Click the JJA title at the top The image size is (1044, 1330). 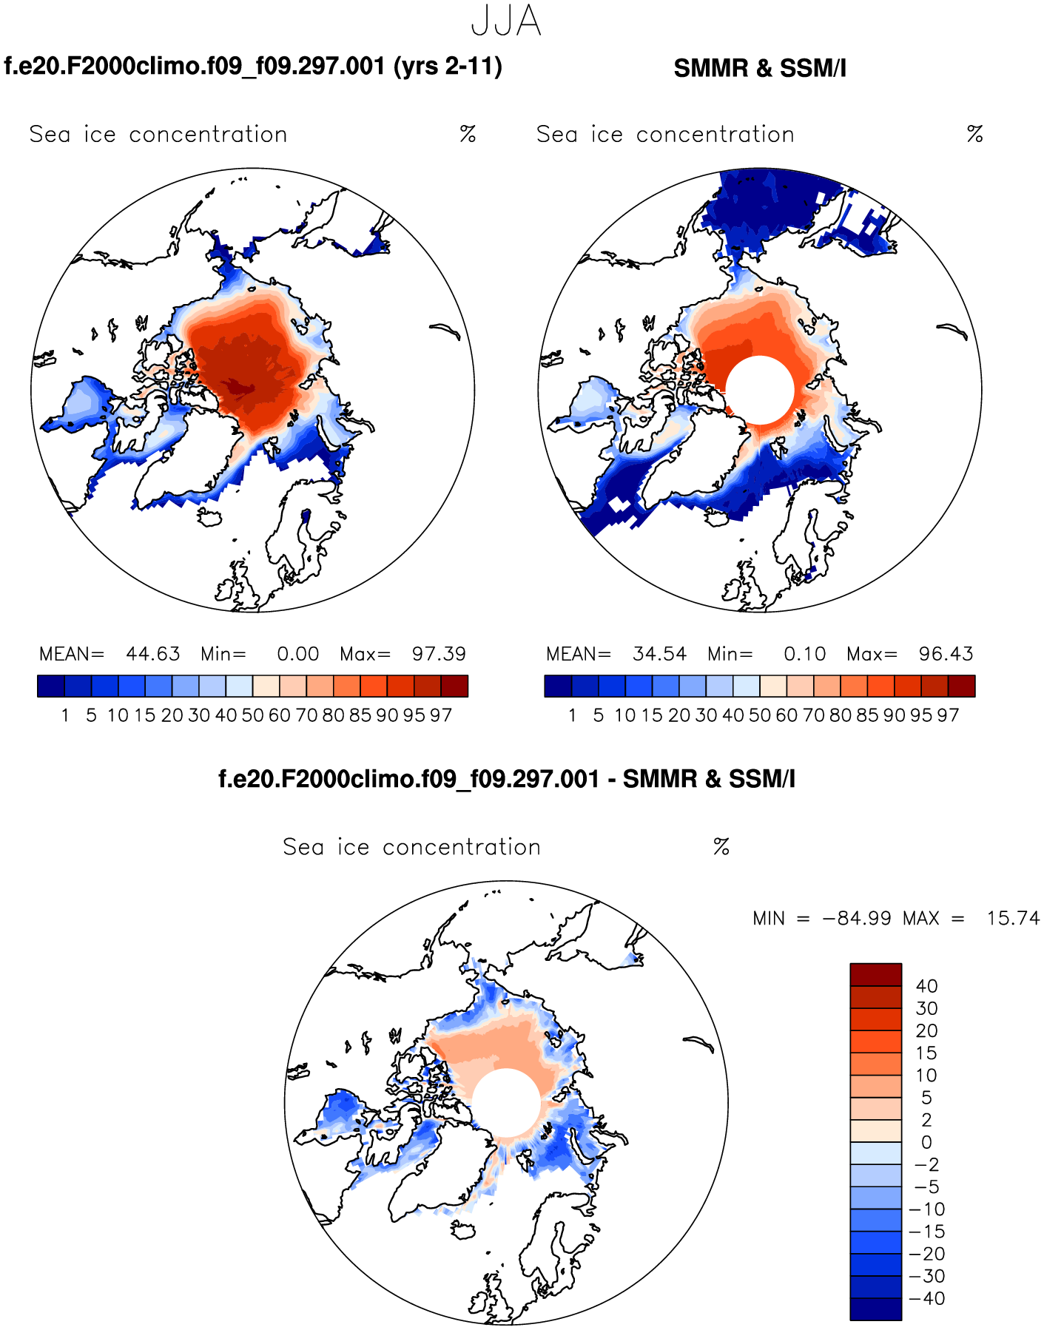click(x=506, y=21)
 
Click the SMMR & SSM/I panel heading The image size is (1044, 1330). click(x=760, y=68)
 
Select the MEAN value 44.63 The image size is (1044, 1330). click(x=152, y=654)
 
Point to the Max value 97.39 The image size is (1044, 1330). click(x=439, y=654)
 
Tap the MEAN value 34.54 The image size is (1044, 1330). click(x=659, y=654)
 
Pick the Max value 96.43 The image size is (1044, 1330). click(x=946, y=654)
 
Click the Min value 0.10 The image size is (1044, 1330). click(x=804, y=654)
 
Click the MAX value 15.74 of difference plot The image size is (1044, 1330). click(x=1012, y=919)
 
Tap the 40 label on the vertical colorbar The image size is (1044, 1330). click(x=926, y=986)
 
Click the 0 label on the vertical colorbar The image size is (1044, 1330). click(x=926, y=1142)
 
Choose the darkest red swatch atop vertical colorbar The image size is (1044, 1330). click(x=875, y=974)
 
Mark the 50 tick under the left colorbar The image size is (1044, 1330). click(x=252, y=715)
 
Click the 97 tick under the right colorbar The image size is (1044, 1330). click(x=948, y=715)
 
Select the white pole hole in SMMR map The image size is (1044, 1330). click(x=760, y=390)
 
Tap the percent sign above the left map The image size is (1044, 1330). click(x=468, y=134)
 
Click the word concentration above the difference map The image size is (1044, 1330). click(x=462, y=847)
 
